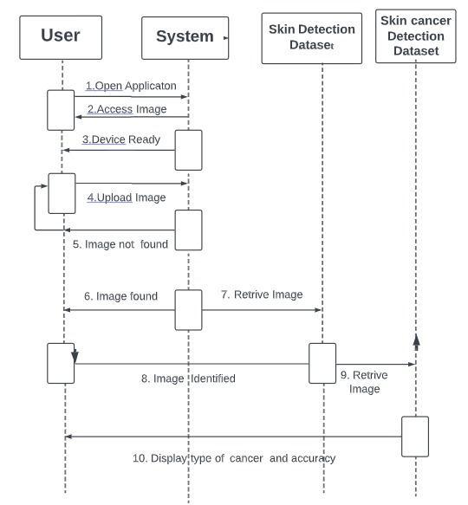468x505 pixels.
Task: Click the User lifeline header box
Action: tap(61, 36)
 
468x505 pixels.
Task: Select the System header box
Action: tap(185, 37)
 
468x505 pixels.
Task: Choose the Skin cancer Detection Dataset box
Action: tap(415, 36)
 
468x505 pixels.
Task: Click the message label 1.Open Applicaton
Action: tap(131, 86)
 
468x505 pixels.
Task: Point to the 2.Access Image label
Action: tap(127, 109)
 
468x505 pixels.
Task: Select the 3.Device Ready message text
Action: tap(121, 139)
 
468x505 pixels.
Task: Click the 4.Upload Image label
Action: tap(126, 197)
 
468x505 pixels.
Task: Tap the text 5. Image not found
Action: tap(120, 244)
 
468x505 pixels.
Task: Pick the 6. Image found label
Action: tap(120, 296)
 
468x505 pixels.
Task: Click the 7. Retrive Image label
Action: tap(262, 295)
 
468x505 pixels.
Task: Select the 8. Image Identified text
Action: tap(188, 379)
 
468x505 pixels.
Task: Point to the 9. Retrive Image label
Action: tap(364, 382)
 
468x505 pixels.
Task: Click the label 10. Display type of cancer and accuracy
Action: tap(233, 458)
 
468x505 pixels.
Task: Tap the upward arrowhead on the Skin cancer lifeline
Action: tap(416, 340)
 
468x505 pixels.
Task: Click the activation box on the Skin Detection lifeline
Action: tap(322, 362)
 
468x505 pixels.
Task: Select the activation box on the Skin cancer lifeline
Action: tap(415, 436)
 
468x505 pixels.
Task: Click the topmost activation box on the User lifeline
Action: tap(61, 110)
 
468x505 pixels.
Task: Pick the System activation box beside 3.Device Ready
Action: tap(188, 150)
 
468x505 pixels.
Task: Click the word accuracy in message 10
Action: tap(314, 458)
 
